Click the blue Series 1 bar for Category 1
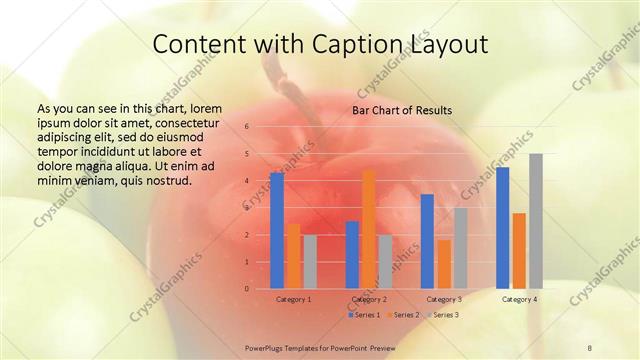tap(277, 231)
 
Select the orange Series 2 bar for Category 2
tap(369, 229)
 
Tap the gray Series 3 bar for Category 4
tap(536, 221)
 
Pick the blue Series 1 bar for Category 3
tap(427, 241)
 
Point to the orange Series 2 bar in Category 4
tap(519, 251)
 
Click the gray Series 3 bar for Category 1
tap(310, 262)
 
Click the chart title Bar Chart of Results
tap(401, 110)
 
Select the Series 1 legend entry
tap(365, 315)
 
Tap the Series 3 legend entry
tap(442, 315)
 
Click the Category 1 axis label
tap(294, 299)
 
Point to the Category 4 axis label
tap(519, 299)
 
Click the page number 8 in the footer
tap(590, 347)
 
